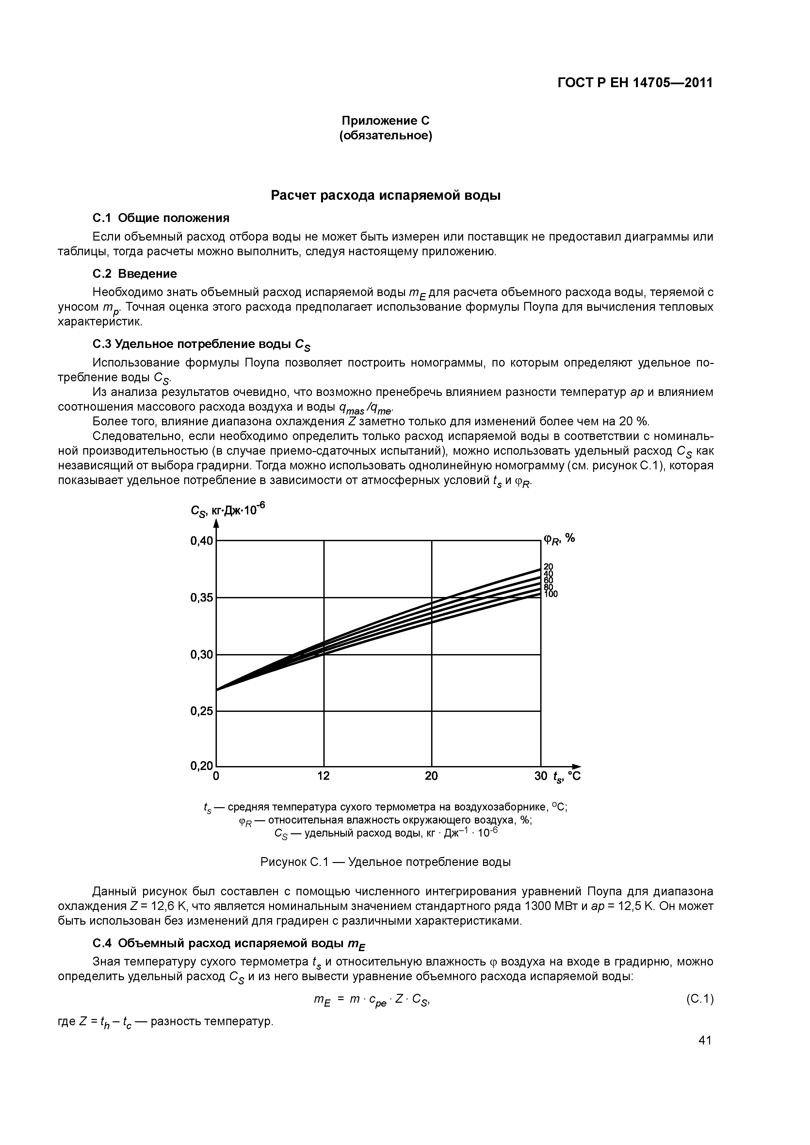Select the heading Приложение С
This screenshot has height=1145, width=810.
click(385, 121)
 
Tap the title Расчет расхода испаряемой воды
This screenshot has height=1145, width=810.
click(385, 196)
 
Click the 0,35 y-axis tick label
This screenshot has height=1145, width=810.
click(201, 597)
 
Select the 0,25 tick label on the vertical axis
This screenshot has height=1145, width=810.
click(201, 711)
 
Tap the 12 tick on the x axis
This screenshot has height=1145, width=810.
click(324, 776)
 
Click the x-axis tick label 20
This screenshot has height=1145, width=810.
click(431, 776)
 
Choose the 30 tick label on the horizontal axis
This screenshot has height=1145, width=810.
click(541, 776)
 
